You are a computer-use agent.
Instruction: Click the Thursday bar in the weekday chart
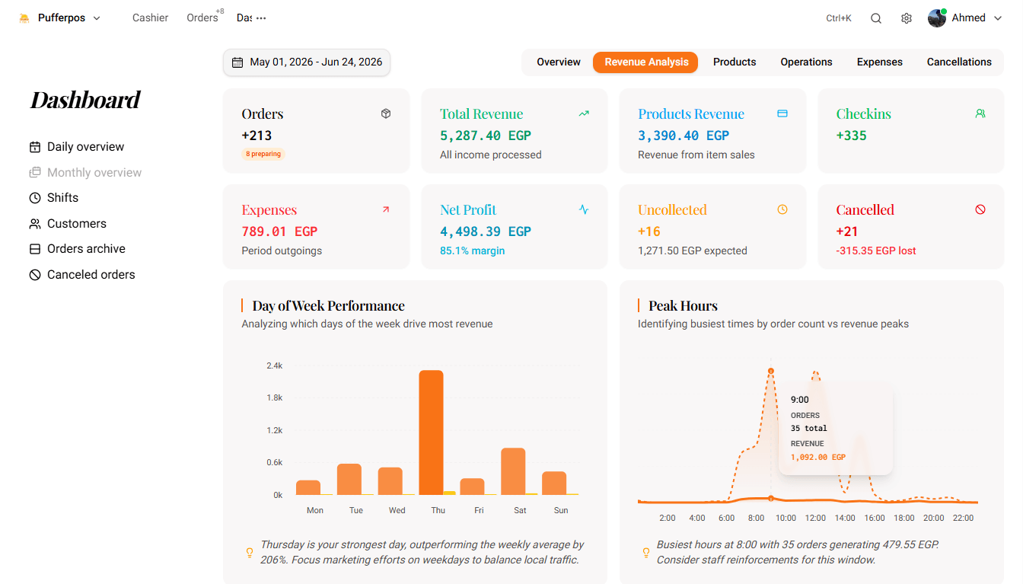coord(431,432)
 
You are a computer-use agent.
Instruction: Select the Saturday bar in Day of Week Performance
coord(513,471)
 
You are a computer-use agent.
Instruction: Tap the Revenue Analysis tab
coord(645,62)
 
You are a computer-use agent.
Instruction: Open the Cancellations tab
coord(958,62)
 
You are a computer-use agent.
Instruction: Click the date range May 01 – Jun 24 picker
coord(307,62)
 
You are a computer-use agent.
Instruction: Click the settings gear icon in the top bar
coord(906,18)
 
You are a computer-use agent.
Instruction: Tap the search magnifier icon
coord(875,18)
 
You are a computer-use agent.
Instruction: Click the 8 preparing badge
coord(263,154)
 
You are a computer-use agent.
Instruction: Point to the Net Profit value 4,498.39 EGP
coord(485,231)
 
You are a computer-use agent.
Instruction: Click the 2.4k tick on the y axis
coord(275,365)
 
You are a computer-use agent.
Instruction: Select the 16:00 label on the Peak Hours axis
coord(874,518)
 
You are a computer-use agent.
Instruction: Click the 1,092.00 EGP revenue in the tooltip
coord(818,457)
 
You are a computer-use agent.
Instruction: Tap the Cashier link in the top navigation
coord(150,18)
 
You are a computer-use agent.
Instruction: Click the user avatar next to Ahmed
coord(937,18)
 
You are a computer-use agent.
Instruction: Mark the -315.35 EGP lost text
coord(875,251)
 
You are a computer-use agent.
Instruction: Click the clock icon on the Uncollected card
coord(782,209)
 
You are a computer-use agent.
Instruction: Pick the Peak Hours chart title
coord(683,306)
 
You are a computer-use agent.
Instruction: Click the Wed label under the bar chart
coord(397,510)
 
